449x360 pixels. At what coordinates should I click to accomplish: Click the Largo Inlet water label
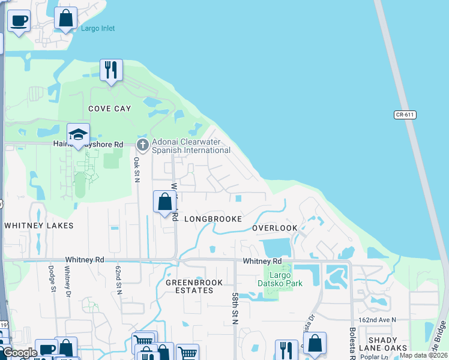point(98,28)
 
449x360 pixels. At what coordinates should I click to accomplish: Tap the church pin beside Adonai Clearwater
point(142,145)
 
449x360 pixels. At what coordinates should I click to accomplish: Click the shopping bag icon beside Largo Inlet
point(66,19)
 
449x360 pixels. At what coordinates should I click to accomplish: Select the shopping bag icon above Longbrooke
point(164,202)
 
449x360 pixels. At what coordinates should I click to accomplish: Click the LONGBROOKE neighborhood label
point(212,219)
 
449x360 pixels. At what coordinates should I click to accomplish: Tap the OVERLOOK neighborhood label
point(274,229)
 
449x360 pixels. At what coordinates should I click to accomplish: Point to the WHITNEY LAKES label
point(38,226)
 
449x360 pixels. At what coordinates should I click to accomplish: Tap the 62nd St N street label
point(119,281)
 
